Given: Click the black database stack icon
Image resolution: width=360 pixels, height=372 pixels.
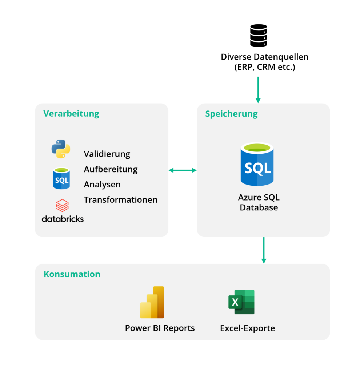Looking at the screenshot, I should [259, 36].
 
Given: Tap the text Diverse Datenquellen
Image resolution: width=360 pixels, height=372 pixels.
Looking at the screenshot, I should [264, 57].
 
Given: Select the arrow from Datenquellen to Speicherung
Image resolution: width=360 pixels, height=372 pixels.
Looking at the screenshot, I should [258, 89].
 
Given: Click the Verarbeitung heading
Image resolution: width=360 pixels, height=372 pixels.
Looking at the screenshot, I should [71, 113].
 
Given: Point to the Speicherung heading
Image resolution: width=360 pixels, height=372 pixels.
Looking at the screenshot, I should [231, 114].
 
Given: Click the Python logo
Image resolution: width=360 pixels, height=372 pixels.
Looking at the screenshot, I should [61, 149].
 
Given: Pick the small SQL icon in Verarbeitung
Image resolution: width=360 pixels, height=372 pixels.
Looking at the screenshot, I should [61, 178].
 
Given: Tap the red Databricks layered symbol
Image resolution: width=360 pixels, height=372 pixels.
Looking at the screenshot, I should [62, 205].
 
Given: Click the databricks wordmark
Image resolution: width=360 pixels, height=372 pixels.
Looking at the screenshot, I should [63, 219].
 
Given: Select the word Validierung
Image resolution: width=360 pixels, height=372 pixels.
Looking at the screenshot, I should [107, 154].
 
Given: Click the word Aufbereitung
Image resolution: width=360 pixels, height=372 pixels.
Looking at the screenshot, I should [111, 169].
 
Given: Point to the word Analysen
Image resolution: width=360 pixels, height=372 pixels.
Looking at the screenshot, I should [102, 185].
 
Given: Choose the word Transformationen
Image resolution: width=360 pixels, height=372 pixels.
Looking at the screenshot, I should [120, 200].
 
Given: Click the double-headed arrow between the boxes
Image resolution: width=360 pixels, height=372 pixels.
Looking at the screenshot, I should [183, 170].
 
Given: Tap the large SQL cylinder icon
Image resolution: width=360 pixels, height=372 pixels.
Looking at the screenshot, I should [257, 165].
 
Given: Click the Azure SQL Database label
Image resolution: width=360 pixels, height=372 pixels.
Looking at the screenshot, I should [259, 203].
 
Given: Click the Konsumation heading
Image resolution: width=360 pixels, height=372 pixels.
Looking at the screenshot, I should [72, 274].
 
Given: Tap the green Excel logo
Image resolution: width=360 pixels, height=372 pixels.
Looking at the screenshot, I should [241, 302].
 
